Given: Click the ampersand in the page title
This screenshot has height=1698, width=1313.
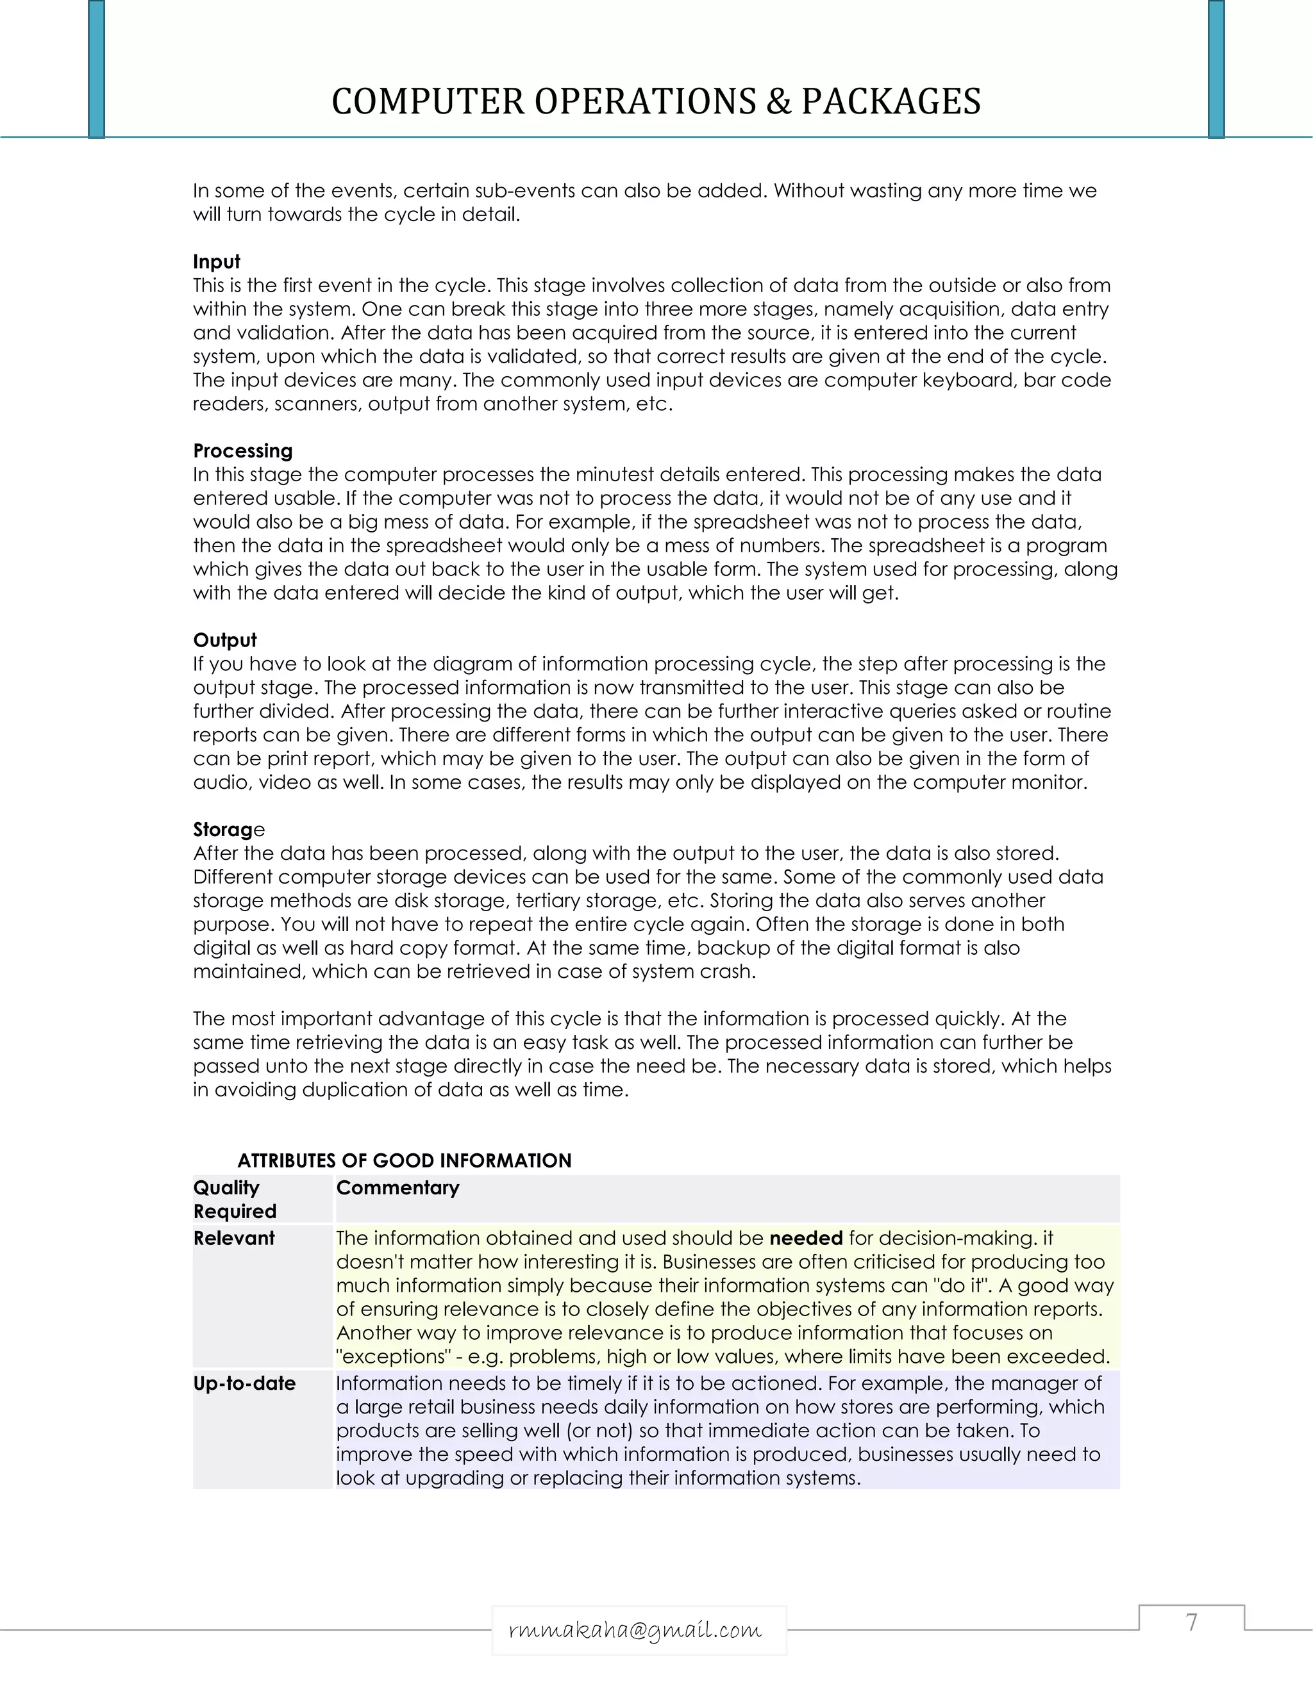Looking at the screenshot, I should [x=778, y=102].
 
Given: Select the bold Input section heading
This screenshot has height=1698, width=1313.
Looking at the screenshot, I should [x=216, y=262].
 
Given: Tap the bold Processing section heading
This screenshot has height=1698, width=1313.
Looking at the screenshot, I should [x=243, y=451].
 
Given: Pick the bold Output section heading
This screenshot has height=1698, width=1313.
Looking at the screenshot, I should [x=225, y=640].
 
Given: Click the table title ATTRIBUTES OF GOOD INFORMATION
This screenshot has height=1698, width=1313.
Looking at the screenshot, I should [x=404, y=1161].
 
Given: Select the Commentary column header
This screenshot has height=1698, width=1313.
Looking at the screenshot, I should [x=397, y=1188].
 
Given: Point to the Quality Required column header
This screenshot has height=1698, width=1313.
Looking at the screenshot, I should [x=234, y=1199].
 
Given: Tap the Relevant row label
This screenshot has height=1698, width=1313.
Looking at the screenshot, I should [x=233, y=1239].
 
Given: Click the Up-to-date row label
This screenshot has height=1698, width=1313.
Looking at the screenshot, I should [x=244, y=1384].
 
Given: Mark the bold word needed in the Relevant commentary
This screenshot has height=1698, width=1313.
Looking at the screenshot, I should [x=806, y=1239].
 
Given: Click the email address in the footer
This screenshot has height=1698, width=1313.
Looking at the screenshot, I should [x=635, y=1629].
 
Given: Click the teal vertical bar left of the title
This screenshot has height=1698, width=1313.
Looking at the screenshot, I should [x=96, y=69].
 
